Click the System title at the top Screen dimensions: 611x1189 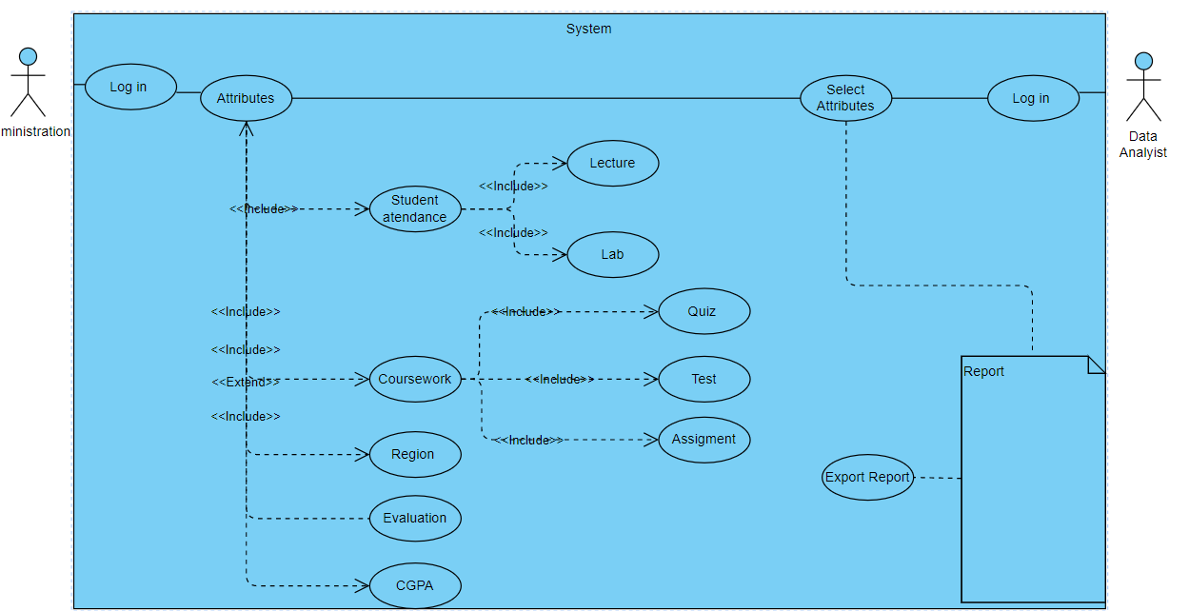(588, 29)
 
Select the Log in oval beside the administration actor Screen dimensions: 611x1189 (130, 88)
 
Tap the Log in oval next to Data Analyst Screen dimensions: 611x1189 (1032, 98)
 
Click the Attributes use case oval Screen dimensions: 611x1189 (246, 98)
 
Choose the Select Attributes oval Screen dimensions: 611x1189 (845, 98)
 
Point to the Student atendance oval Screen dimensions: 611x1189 (415, 208)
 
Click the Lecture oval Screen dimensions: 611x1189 (612, 164)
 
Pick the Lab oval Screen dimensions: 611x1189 (612, 255)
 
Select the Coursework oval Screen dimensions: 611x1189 (415, 379)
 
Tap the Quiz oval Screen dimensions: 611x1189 (703, 311)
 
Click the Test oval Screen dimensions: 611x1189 (703, 379)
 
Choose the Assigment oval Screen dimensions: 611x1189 (703, 440)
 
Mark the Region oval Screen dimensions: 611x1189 (414, 455)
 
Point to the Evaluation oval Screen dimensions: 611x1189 (414, 519)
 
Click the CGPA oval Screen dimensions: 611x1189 (414, 585)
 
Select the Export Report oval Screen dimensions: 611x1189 (867, 478)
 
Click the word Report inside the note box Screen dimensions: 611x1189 (983, 371)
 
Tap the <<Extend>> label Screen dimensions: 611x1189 (245, 383)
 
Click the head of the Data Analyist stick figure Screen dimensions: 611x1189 (1143, 61)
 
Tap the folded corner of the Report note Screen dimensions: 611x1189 (1096, 365)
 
